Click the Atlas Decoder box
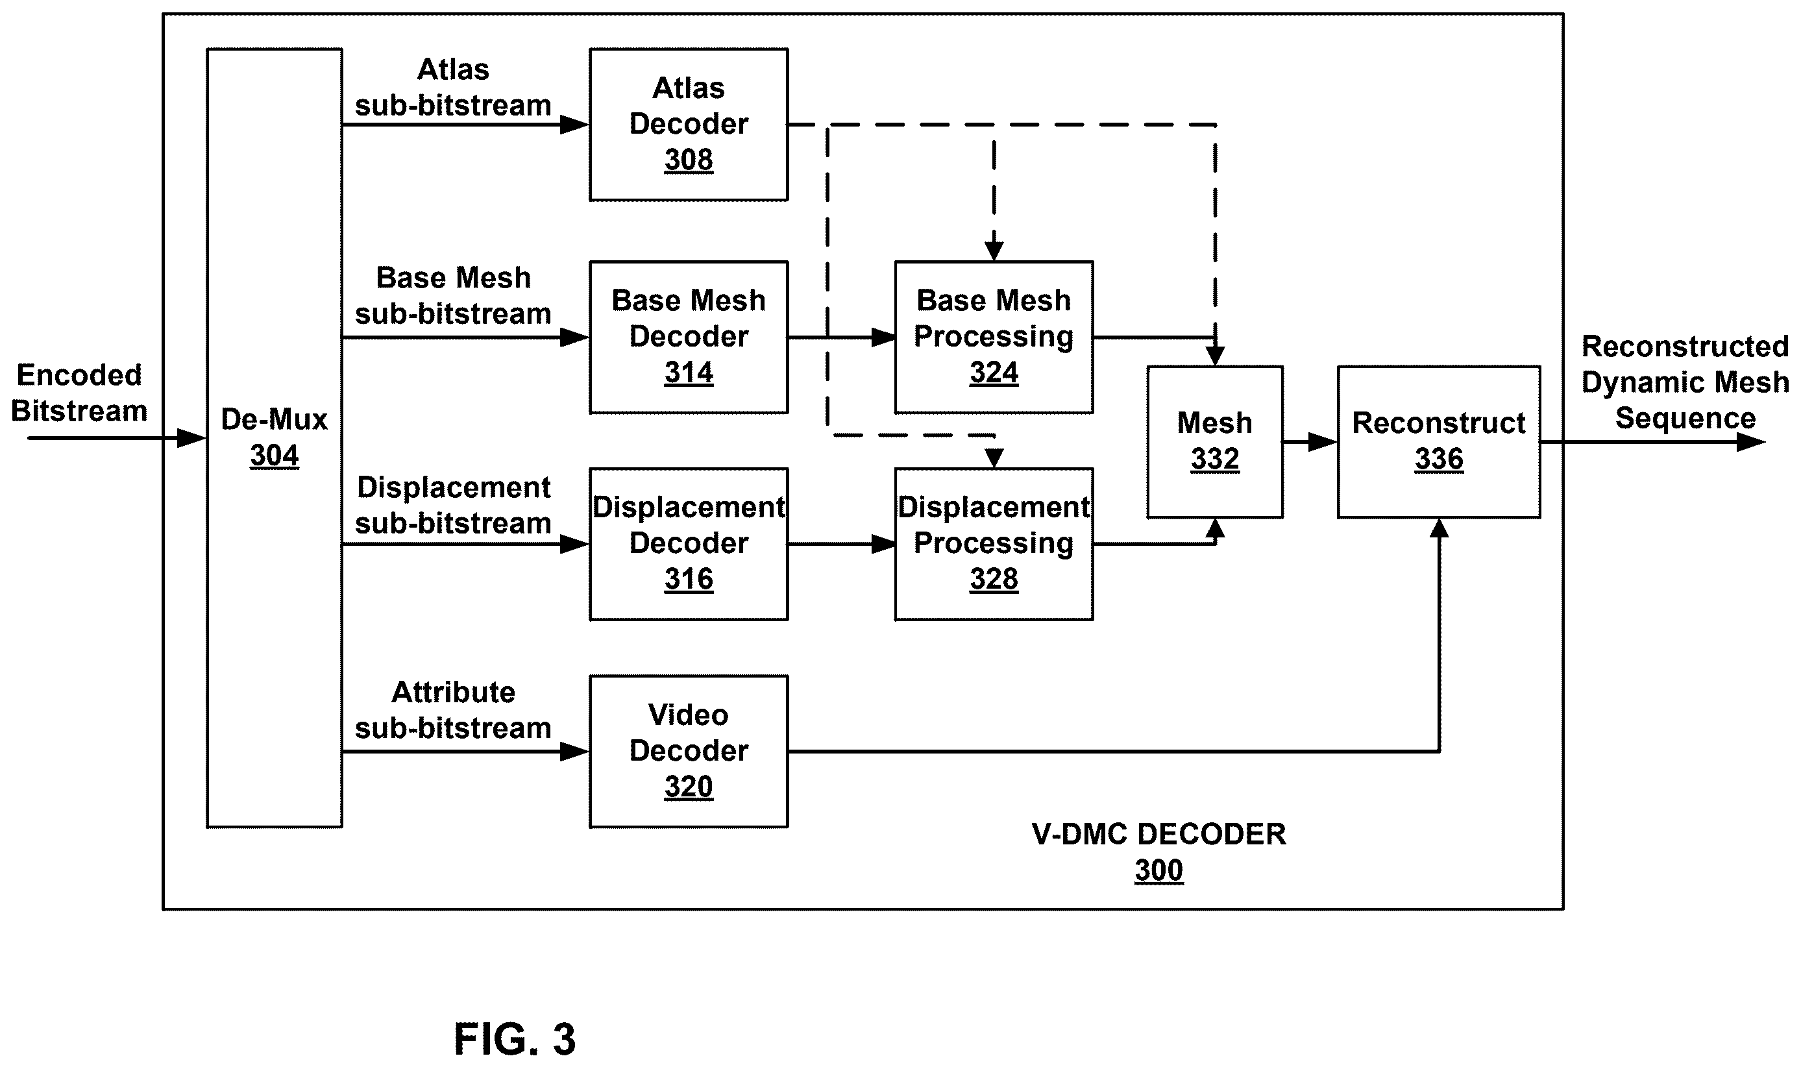[x=688, y=125]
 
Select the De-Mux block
[x=274, y=438]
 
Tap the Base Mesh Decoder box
[x=688, y=337]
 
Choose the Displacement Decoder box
[x=688, y=545]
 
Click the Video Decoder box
[x=688, y=752]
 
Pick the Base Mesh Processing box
[x=994, y=337]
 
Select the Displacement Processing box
[x=994, y=545]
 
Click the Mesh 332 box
[x=1214, y=442]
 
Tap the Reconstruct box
[x=1439, y=442]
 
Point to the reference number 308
[x=688, y=160]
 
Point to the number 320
[x=688, y=787]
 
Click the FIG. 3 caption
[x=515, y=1039]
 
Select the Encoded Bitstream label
[x=79, y=393]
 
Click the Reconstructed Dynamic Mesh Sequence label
[x=1685, y=382]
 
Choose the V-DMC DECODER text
[x=1159, y=834]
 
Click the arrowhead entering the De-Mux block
[x=192, y=438]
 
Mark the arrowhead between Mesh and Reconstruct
[x=1323, y=442]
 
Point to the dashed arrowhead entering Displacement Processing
[x=994, y=459]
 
